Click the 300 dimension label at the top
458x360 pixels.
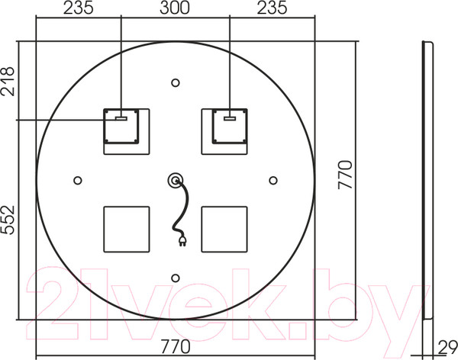click(x=174, y=8)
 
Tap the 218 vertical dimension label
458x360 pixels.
click(x=8, y=82)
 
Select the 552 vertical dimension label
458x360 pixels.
click(x=8, y=220)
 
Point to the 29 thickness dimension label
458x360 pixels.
click(x=448, y=347)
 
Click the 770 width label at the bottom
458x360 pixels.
click(x=176, y=346)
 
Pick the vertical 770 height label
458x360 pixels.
click(x=345, y=175)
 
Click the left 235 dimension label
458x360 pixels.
click(x=79, y=8)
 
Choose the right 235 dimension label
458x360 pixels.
click(x=272, y=8)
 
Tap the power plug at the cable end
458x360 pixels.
click(x=182, y=241)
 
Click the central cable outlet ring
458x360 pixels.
click(x=176, y=181)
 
